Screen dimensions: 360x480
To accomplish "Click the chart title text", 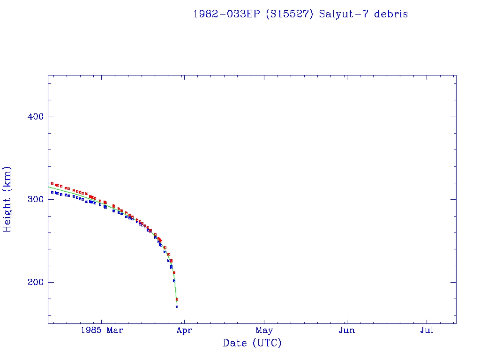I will point(300,14).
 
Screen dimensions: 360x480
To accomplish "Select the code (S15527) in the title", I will point(290,14).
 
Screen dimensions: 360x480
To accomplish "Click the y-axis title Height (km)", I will point(7,199).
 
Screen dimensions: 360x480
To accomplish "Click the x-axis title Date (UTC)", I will point(252,344).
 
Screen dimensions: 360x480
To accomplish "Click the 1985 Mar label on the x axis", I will point(102,330).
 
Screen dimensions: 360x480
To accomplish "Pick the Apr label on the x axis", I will point(184,330).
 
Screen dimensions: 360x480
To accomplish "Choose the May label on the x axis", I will point(264,330).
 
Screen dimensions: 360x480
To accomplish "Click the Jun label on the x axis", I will point(346,330).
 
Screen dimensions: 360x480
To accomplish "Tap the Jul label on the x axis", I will point(427,330).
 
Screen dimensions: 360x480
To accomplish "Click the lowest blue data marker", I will point(177,307).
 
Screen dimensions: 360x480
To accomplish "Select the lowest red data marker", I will point(177,299).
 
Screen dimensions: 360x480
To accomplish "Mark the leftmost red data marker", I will point(52,183).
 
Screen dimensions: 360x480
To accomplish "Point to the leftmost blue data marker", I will point(52,192).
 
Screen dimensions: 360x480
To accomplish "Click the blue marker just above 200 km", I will point(174,281).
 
